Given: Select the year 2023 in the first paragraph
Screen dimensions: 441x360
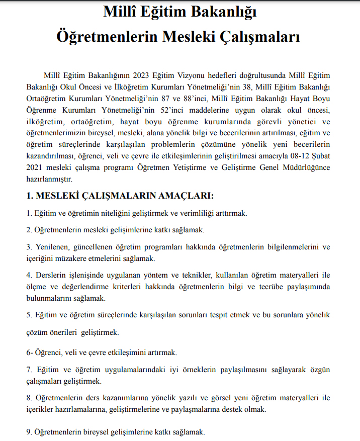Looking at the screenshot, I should pos(144,76).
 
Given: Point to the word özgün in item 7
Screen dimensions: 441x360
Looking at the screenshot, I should pos(320,370).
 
